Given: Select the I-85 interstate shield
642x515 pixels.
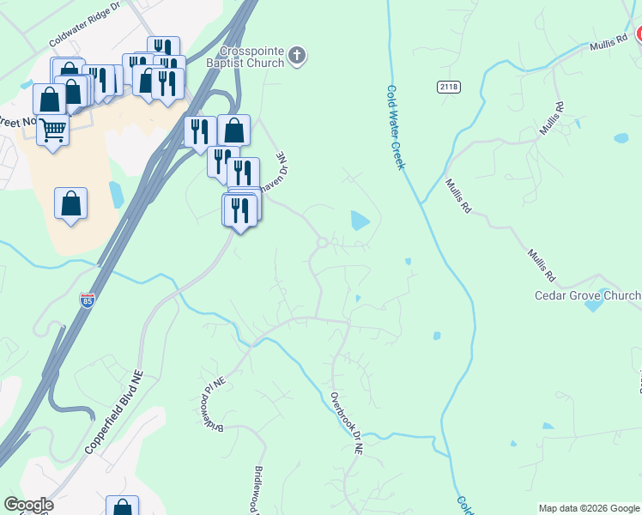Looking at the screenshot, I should (x=87, y=300).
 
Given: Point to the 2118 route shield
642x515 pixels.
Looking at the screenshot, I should (x=447, y=86).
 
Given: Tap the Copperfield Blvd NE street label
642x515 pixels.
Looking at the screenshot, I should (x=112, y=413).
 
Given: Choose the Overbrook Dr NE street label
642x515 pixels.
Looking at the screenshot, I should (x=347, y=423).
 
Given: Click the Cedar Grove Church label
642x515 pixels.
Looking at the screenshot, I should (x=587, y=296).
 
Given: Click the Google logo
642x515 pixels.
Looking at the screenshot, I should (x=28, y=505).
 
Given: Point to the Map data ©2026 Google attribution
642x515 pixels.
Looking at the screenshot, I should (x=589, y=508).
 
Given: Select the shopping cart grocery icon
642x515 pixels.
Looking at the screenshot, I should (x=53, y=131).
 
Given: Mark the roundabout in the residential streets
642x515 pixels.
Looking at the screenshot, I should (x=322, y=243).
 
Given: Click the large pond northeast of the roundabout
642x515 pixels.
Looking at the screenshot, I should (x=359, y=221).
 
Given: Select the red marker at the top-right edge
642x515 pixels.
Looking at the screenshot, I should (x=639, y=34).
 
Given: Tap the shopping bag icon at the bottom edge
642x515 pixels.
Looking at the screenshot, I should (x=122, y=506).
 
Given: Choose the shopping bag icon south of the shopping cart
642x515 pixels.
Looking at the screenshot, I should (x=70, y=204).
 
